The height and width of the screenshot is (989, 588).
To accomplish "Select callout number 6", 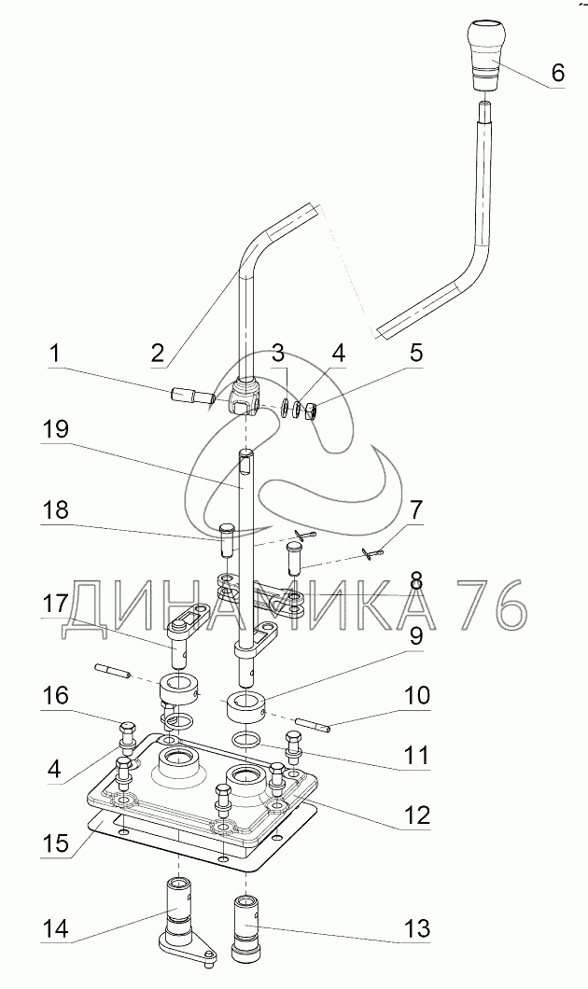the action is (x=557, y=74).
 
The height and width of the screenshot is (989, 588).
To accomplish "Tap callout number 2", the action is (x=157, y=353).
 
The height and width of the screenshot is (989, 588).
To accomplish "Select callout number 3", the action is (x=278, y=353).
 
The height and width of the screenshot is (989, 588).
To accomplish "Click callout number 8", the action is (x=415, y=580).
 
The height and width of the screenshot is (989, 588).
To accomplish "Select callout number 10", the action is (x=416, y=695).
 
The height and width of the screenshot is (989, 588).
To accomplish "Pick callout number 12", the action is (x=415, y=815).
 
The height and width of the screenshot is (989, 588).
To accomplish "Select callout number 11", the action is (x=416, y=754).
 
